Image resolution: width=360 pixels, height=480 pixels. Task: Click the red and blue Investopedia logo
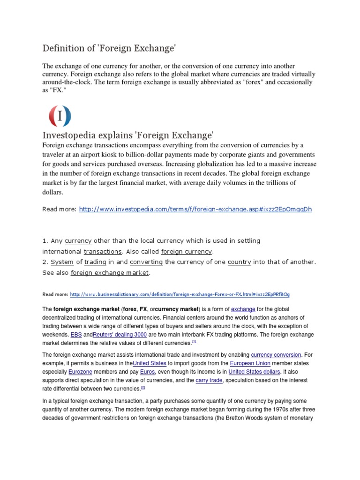click(x=60, y=116)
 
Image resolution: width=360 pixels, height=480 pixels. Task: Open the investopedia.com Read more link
click(x=195, y=209)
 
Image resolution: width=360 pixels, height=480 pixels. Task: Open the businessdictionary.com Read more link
click(x=180, y=294)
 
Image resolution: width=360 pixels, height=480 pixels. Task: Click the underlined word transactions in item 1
click(x=103, y=251)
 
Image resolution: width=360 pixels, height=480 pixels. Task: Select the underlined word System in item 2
click(x=62, y=262)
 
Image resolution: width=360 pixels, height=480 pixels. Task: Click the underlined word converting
click(x=146, y=262)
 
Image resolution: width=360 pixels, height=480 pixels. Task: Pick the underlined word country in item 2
click(x=240, y=262)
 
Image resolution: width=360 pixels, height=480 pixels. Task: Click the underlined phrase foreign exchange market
click(x=110, y=272)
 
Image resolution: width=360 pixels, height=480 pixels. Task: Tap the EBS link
click(x=76, y=335)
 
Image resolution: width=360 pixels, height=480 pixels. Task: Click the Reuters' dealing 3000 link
click(x=120, y=335)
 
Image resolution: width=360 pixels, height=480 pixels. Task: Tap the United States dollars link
click(x=254, y=372)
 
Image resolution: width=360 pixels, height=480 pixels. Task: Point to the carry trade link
click(x=209, y=380)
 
